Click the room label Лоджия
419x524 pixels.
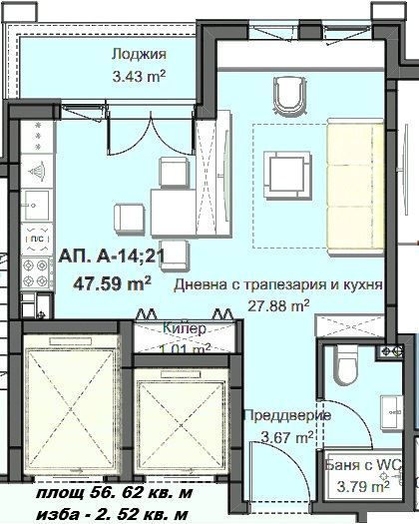pyautogui.click(x=139, y=55)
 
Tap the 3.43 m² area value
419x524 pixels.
pyautogui.click(x=139, y=75)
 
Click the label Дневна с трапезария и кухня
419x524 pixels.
pyautogui.click(x=278, y=285)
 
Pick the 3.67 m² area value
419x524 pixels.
pyautogui.click(x=287, y=436)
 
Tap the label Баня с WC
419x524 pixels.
pyautogui.click(x=363, y=466)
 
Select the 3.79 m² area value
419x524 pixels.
pyautogui.click(x=356, y=488)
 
